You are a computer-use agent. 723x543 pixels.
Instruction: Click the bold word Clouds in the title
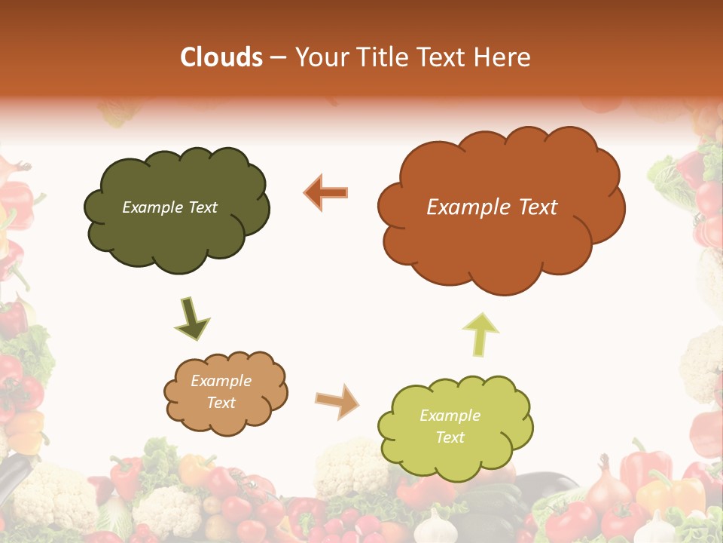pos(221,57)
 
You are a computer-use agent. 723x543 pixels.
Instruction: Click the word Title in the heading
pos(382,57)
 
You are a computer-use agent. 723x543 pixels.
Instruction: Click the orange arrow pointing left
pos(326,192)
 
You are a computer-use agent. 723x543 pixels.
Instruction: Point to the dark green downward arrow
pos(192,319)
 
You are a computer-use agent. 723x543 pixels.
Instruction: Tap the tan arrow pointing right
pos(337,401)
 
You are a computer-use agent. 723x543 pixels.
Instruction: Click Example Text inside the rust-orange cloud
pos(492,207)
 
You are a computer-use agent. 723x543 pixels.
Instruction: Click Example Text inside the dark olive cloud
pos(169,207)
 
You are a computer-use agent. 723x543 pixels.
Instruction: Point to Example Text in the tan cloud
pos(221,391)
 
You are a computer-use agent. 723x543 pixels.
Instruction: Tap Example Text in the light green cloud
pos(450,426)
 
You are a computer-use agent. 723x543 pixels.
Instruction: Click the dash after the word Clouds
pos(277,57)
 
